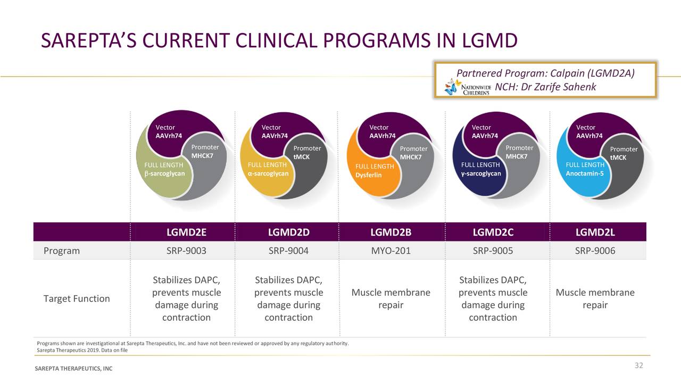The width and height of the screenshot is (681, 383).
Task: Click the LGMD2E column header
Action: [x=186, y=232]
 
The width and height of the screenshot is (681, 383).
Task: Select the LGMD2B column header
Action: [x=391, y=232]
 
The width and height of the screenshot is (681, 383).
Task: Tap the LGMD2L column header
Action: [x=595, y=232]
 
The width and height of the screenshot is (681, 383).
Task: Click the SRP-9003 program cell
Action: [x=186, y=251]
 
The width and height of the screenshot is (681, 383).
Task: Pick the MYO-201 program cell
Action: [x=391, y=251]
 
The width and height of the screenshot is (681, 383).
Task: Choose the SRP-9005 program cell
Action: [x=493, y=251]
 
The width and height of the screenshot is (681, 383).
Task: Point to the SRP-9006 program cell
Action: [x=595, y=251]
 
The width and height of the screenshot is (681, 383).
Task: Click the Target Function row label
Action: [x=77, y=298]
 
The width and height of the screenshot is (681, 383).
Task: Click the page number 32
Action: [x=638, y=365]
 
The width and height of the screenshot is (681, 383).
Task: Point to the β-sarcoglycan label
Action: [x=165, y=173]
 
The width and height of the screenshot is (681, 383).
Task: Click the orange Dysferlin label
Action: [x=369, y=175]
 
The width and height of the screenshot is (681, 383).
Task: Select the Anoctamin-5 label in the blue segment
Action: [x=585, y=173]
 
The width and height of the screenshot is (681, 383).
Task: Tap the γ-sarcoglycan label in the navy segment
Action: [x=481, y=173]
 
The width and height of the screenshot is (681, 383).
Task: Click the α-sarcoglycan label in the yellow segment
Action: [x=268, y=173]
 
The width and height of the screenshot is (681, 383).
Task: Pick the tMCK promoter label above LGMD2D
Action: [x=301, y=157]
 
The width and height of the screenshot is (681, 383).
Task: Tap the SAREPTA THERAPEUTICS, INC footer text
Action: [x=73, y=369]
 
